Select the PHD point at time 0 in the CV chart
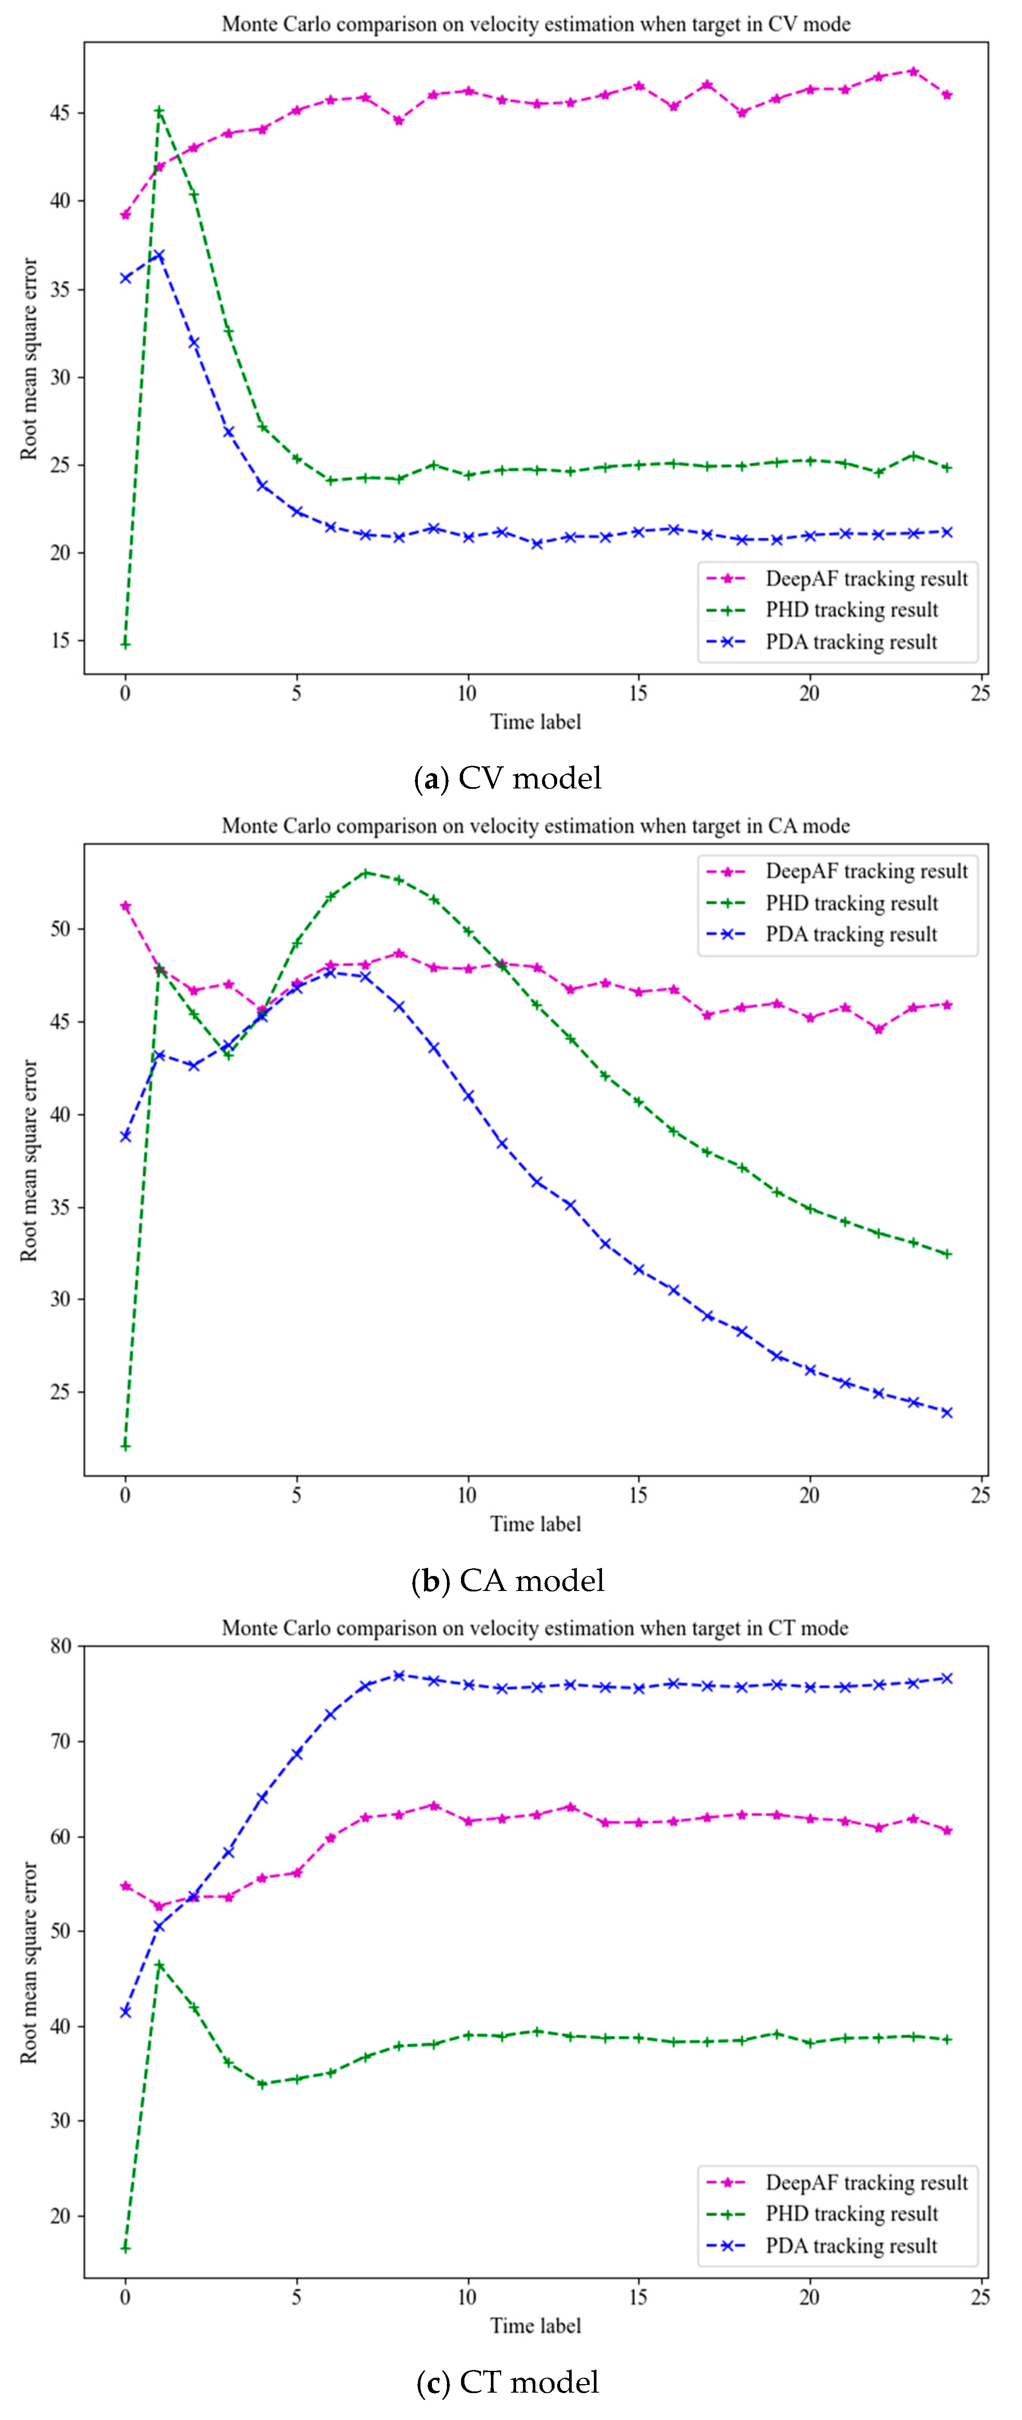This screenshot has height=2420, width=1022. coord(125,644)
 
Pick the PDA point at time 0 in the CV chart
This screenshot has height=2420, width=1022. coord(125,278)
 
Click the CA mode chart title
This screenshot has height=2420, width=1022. coord(535,826)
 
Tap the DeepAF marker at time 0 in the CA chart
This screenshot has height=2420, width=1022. coord(125,906)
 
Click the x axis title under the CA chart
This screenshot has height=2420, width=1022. coord(535,1524)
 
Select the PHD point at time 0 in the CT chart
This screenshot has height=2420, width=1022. coord(125,2248)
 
